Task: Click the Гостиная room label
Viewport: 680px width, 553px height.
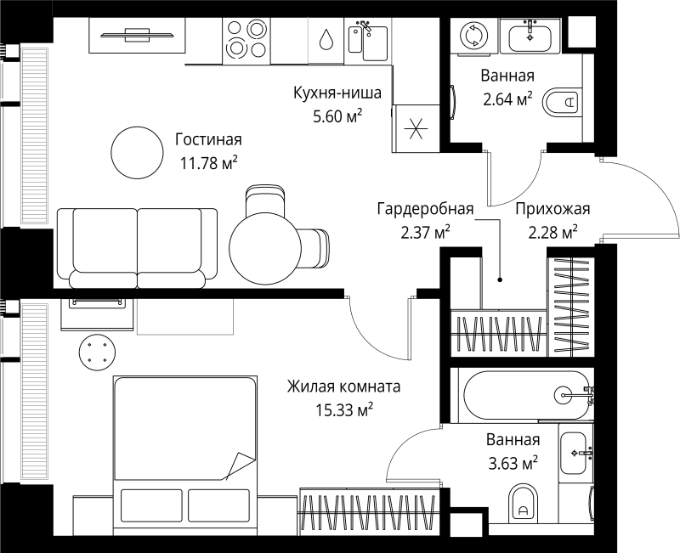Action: coord(208,139)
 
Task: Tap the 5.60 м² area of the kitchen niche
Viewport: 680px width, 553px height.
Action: coord(337,115)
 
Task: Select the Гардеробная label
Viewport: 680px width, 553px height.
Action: coord(424,210)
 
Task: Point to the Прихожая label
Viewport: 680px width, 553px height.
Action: coord(552,210)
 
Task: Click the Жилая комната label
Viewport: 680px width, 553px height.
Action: coord(343,387)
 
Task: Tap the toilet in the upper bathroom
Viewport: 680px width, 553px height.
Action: coord(562,104)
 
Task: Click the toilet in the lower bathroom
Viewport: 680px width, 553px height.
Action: coord(522,504)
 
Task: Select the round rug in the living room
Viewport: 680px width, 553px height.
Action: coord(136,153)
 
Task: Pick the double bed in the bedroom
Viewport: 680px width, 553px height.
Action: coord(185,450)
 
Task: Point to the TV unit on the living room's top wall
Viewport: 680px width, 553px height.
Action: coord(136,35)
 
